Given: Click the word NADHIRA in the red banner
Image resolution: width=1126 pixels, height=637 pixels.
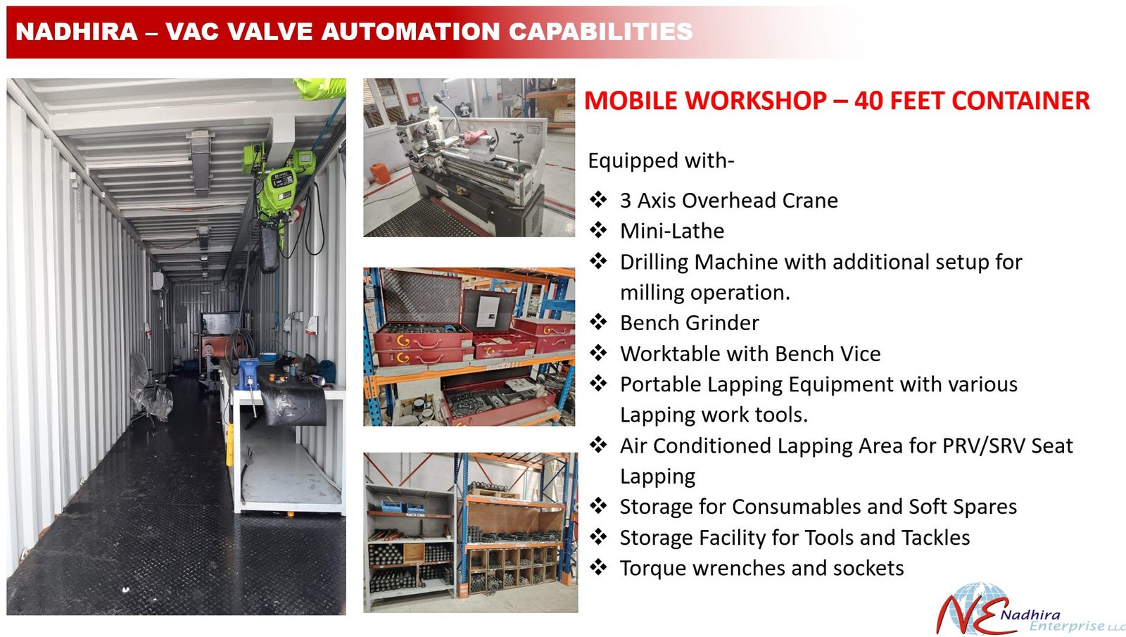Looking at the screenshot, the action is [x=77, y=32].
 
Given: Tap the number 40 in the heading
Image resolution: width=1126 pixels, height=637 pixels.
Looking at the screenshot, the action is [x=869, y=101].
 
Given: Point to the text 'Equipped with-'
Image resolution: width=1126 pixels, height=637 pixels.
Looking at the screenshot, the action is [x=661, y=161].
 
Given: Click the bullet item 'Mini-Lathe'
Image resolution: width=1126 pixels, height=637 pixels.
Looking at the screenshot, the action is [x=672, y=232].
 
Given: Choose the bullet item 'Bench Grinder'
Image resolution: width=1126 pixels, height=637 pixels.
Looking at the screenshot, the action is [x=689, y=323].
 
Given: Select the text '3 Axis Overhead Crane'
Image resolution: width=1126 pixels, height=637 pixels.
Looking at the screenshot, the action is [x=729, y=201].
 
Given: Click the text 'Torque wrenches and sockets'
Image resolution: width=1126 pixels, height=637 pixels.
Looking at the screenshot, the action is [x=761, y=568].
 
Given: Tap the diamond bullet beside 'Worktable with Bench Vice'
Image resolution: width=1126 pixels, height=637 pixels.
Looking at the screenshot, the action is [x=598, y=353].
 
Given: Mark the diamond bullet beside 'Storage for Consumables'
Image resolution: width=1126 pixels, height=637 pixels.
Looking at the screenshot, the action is [x=598, y=506].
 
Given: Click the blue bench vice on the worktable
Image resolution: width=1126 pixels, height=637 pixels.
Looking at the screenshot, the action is [x=248, y=372].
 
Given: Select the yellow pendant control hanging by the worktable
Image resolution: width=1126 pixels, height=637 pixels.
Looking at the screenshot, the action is [x=229, y=445].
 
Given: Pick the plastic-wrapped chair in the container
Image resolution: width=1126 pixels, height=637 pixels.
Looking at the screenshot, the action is [x=149, y=388].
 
